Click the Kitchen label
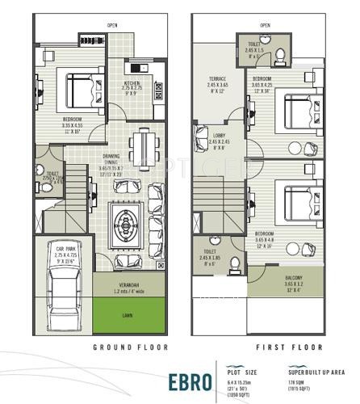tap(133, 84)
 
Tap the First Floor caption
tap(276, 347)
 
